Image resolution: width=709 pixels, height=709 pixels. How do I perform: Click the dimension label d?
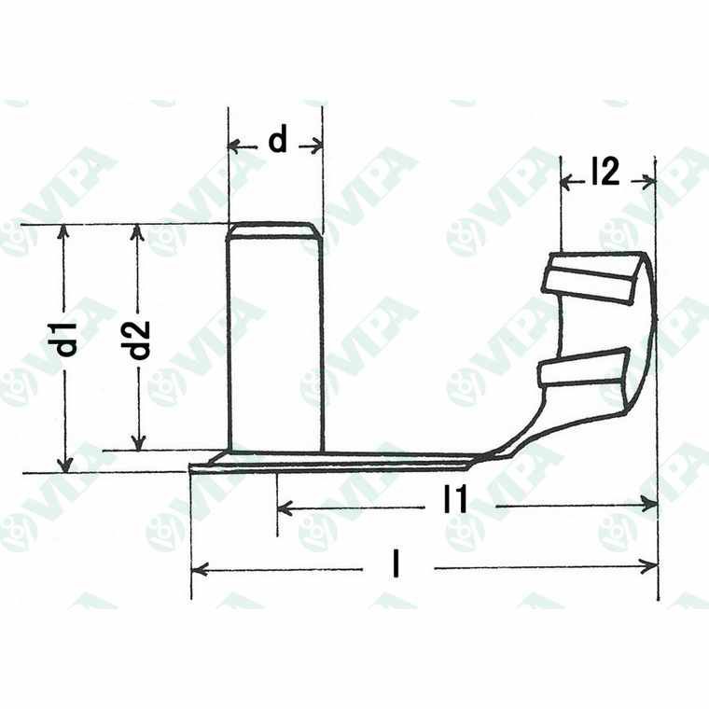click(277, 141)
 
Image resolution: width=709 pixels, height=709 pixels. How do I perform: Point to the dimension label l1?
click(455, 504)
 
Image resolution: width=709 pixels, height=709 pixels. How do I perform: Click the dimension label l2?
click(605, 173)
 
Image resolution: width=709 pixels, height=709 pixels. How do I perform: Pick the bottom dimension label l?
click(398, 565)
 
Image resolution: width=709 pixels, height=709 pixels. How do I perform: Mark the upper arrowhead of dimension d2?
click(138, 229)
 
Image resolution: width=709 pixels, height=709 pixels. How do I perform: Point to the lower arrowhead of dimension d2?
click(138, 445)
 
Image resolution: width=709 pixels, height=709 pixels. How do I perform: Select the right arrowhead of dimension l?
click(652, 566)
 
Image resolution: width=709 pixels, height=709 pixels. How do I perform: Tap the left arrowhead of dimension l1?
click(284, 507)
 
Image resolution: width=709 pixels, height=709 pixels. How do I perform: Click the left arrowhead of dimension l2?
click(565, 181)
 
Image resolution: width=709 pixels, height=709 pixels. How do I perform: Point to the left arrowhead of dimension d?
click(233, 146)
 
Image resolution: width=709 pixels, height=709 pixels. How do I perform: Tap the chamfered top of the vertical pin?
click(275, 229)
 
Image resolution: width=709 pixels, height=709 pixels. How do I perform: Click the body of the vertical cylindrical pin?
click(275, 345)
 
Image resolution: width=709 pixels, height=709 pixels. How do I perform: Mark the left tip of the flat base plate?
click(192, 468)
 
